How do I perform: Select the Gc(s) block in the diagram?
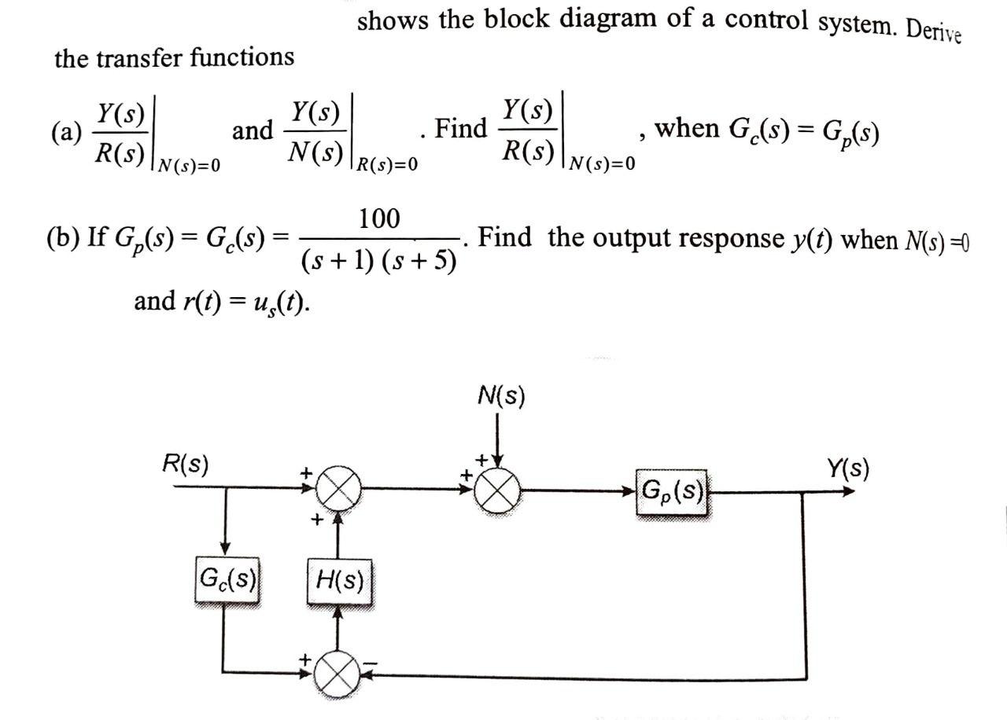227,582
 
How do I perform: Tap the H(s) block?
339,582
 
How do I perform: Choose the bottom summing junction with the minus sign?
338,672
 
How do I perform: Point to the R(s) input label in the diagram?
185,464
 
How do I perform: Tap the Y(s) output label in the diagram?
847,469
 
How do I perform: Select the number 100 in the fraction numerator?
379,219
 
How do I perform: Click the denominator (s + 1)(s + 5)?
379,260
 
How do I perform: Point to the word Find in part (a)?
460,127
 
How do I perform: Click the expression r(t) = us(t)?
222,301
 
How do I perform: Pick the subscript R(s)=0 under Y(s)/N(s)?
387,164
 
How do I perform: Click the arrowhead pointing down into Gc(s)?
227,548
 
